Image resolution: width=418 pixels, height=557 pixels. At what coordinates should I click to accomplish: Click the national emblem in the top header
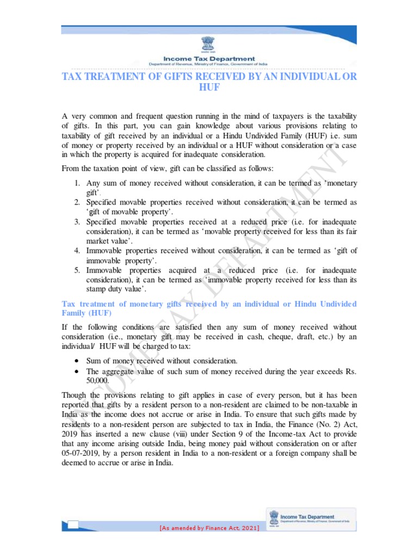point(209,43)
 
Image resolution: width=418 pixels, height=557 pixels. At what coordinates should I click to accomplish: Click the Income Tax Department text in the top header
point(209,59)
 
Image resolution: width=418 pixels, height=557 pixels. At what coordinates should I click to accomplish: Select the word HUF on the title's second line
point(209,88)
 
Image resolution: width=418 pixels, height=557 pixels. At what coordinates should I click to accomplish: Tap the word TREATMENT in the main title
point(109,76)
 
